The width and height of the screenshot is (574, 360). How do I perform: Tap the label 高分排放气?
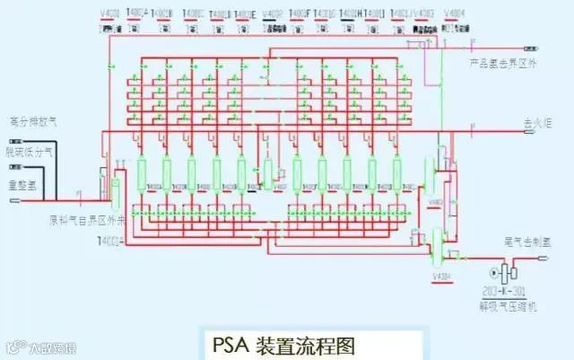click(32, 120)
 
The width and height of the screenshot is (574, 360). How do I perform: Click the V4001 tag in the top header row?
click(109, 13)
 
